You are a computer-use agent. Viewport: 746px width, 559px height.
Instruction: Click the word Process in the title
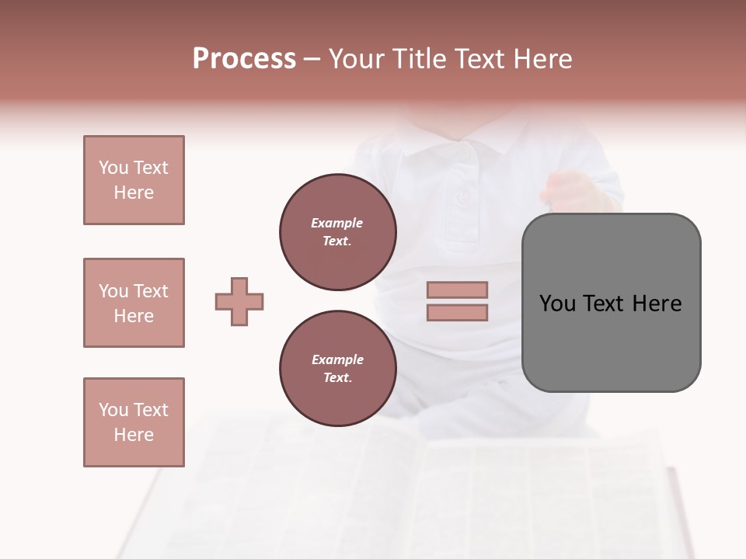click(244, 59)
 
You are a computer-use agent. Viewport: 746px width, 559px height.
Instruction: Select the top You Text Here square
click(134, 180)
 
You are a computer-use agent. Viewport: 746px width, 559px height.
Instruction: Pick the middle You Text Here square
click(134, 303)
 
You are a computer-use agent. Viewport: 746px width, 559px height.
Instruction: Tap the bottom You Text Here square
click(134, 422)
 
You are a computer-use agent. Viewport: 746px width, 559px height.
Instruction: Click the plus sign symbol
click(239, 301)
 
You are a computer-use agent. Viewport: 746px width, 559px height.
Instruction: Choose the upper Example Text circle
click(337, 232)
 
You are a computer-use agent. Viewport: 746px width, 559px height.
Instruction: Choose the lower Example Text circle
click(337, 369)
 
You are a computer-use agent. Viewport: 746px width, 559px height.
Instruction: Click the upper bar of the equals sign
click(457, 290)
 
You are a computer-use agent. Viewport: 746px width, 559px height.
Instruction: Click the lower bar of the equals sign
click(457, 313)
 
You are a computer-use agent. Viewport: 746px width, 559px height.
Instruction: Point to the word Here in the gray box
click(657, 304)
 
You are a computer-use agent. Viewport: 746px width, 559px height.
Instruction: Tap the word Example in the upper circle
click(337, 223)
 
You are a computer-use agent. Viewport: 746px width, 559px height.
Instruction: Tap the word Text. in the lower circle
click(337, 378)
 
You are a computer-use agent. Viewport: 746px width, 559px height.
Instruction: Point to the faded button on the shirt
click(462, 196)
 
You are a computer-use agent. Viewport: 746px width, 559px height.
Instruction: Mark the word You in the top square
click(113, 168)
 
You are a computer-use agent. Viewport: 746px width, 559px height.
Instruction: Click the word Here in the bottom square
click(134, 435)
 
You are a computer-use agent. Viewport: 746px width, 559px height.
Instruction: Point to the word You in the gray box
click(556, 304)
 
